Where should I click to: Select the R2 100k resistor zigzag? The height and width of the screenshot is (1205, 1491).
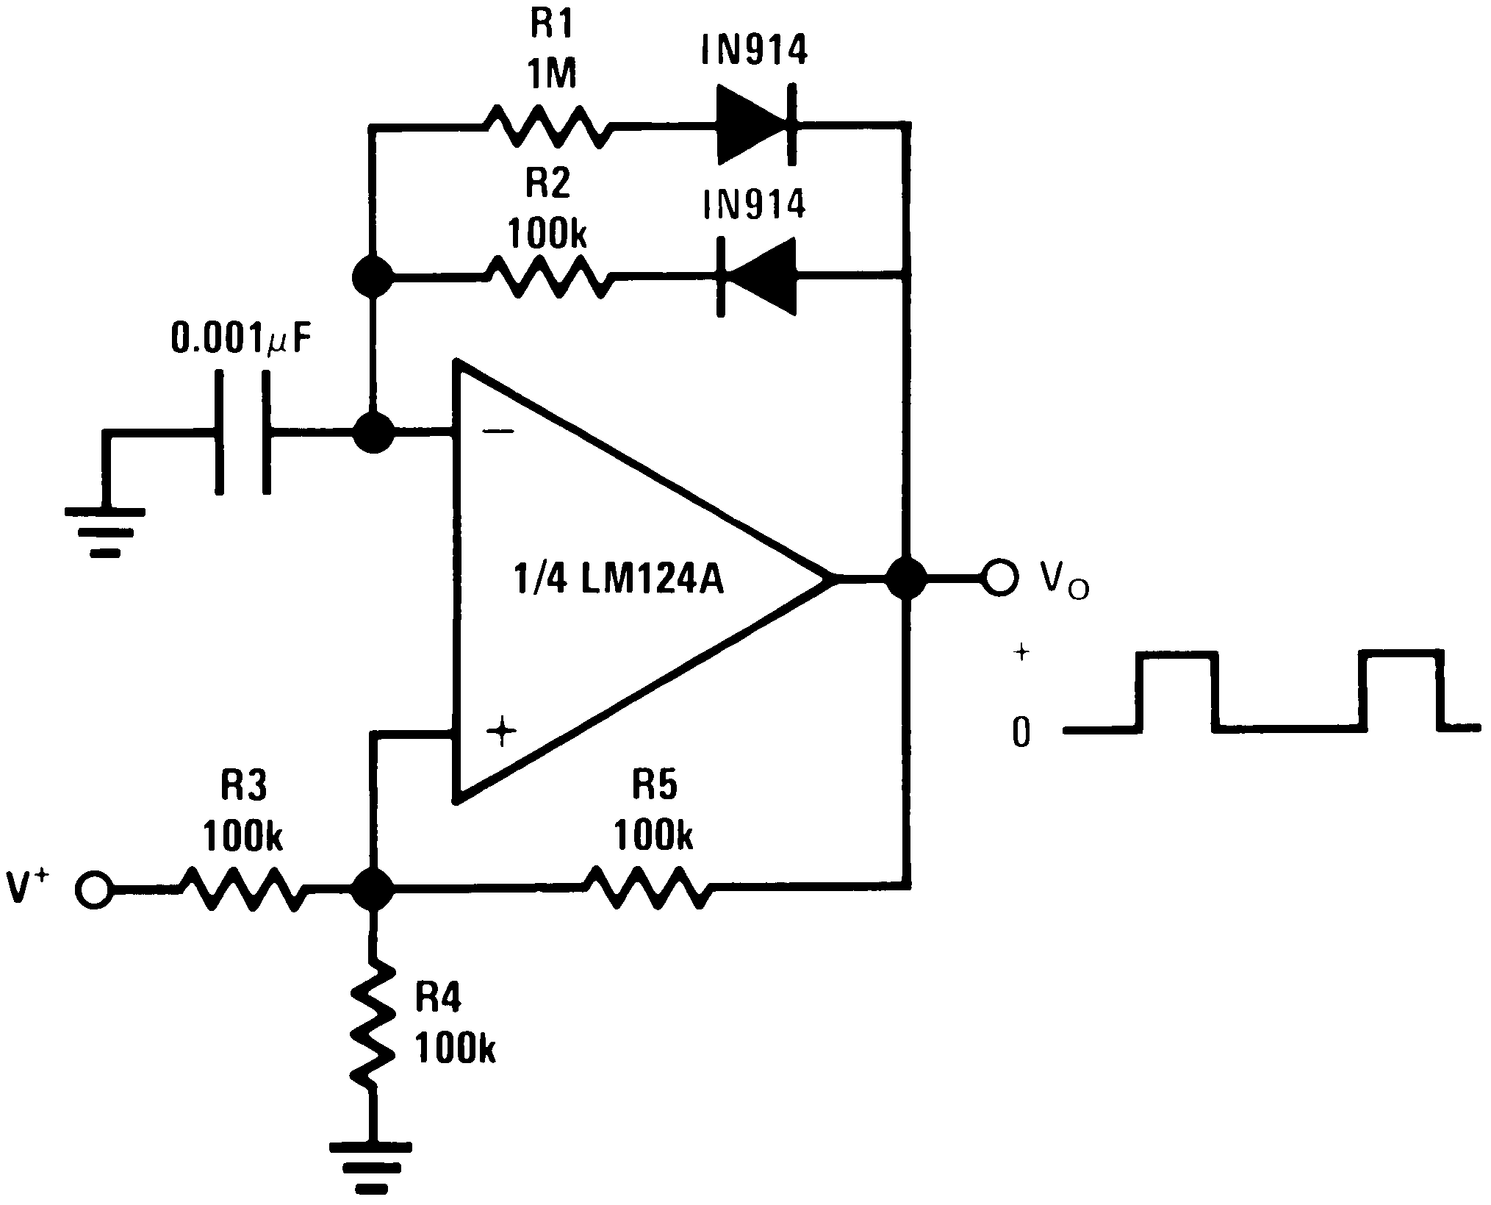click(x=547, y=277)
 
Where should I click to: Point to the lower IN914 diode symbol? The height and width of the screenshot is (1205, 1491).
click(x=757, y=276)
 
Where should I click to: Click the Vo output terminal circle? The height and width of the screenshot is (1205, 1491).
click(x=1000, y=579)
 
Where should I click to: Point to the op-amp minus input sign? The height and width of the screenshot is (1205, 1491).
click(x=500, y=432)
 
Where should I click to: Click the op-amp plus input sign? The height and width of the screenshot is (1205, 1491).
click(x=502, y=731)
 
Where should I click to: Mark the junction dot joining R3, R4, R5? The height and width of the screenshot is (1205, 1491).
click(x=373, y=890)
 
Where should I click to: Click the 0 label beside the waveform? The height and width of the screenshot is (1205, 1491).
click(x=1021, y=732)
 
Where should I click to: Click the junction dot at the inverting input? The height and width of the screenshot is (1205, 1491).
click(x=373, y=432)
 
